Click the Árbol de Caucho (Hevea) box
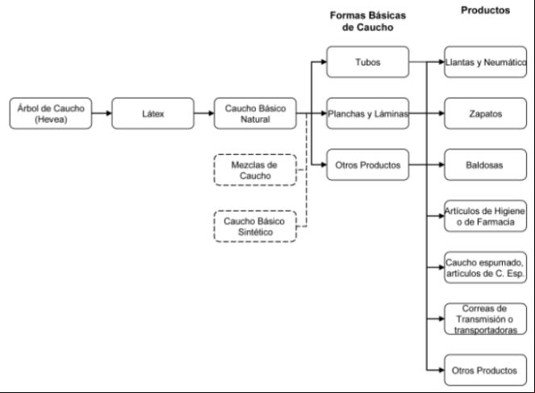click(x=51, y=114)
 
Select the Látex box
click(x=153, y=114)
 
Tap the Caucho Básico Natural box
click(x=255, y=114)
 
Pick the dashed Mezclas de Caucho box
click(x=255, y=170)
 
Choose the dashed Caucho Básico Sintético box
click(x=255, y=227)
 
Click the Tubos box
click(x=368, y=62)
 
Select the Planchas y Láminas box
click(x=368, y=114)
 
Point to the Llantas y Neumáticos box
click(x=485, y=62)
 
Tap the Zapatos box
click(x=485, y=114)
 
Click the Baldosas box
click(x=485, y=165)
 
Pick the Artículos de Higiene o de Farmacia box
click(x=485, y=216)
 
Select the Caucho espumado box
click(x=485, y=267)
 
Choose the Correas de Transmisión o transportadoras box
click(x=485, y=319)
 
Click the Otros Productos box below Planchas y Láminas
click(x=368, y=165)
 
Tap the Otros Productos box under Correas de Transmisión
click(x=485, y=370)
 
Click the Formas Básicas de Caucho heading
click(x=368, y=21)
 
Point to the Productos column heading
click(x=485, y=10)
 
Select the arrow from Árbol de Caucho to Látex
click(x=102, y=113)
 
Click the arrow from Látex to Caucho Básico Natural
click(x=204, y=113)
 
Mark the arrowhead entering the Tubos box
click(x=324, y=62)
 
